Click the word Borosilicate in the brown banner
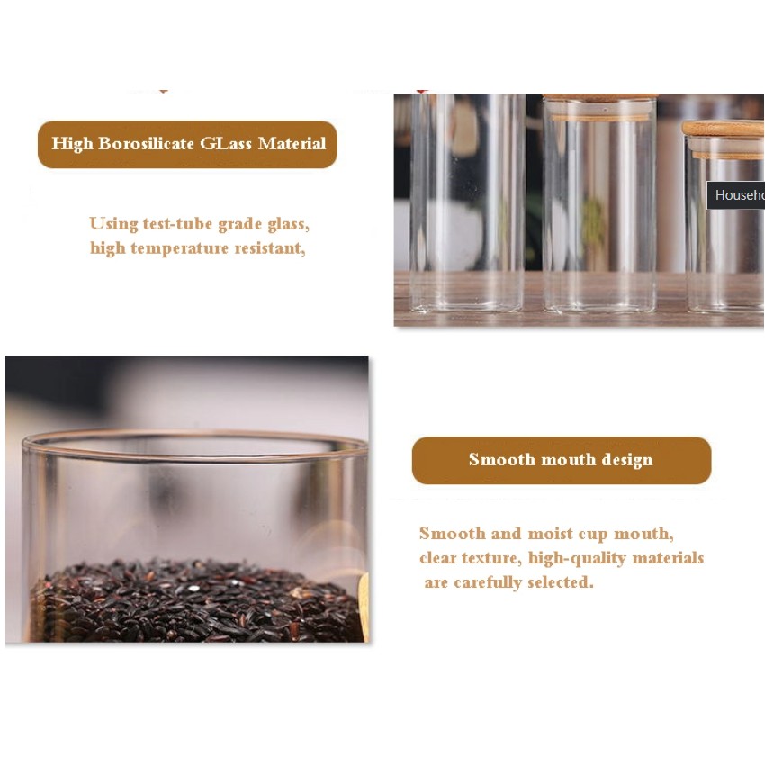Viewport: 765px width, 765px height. point(147,143)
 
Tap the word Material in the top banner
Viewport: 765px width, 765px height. point(292,143)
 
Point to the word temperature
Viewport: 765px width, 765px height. point(179,248)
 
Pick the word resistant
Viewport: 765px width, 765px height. point(270,248)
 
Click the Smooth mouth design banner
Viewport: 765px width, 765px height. point(562,460)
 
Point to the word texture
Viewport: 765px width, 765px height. point(491,558)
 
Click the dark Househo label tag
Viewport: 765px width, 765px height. point(735,195)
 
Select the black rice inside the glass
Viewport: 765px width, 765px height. point(195,601)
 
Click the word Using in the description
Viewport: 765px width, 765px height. point(113,224)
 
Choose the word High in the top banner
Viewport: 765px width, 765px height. point(72,143)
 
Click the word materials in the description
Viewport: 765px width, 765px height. point(668,558)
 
